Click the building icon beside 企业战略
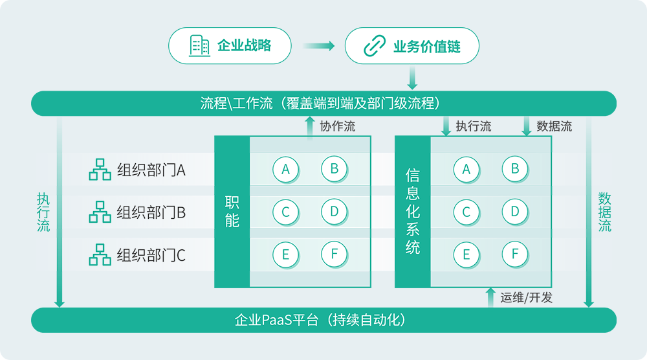coord(199,45)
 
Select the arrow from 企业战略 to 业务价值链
coord(318,46)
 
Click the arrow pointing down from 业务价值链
coord(411,78)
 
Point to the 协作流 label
coord(338,126)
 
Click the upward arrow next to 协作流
coord(310,127)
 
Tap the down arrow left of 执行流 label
coord(446,126)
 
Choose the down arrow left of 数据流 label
coord(527,126)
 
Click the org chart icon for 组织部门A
coord(100,170)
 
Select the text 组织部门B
coord(151,212)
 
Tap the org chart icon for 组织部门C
coord(100,254)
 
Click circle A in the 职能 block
coord(285,170)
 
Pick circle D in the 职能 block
coord(334,211)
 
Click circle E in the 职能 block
coord(285,254)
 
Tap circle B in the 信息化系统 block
coord(515,169)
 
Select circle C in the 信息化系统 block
coord(466,212)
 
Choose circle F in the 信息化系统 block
coord(515,254)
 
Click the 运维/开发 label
coord(527,298)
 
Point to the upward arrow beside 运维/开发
coord(490,298)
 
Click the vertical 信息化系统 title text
coord(413,211)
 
